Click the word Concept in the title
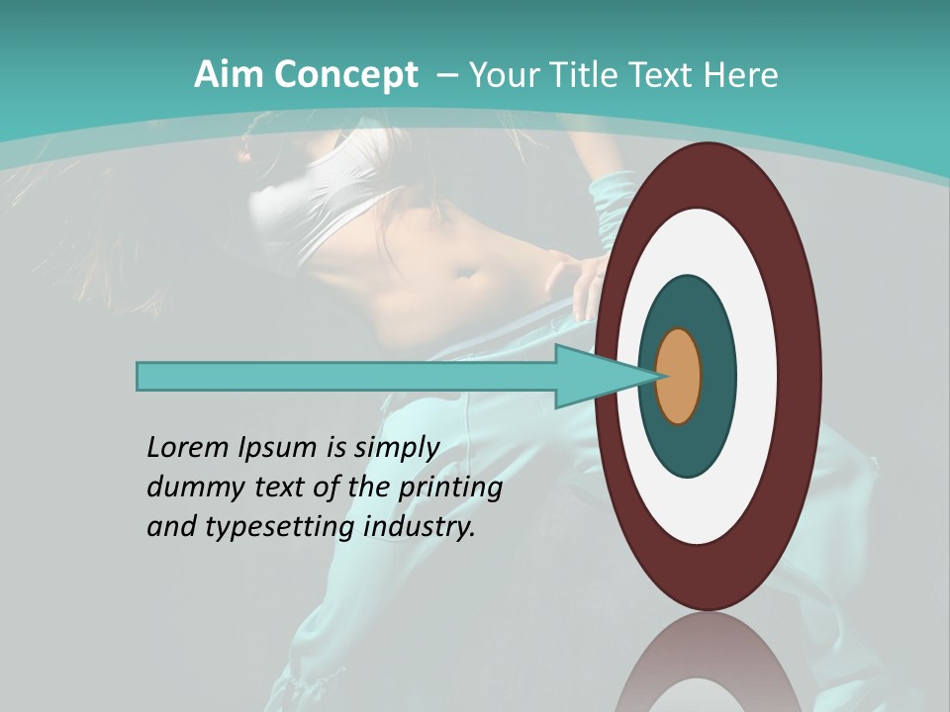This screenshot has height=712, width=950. (x=344, y=75)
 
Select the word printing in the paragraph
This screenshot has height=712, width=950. (x=450, y=488)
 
